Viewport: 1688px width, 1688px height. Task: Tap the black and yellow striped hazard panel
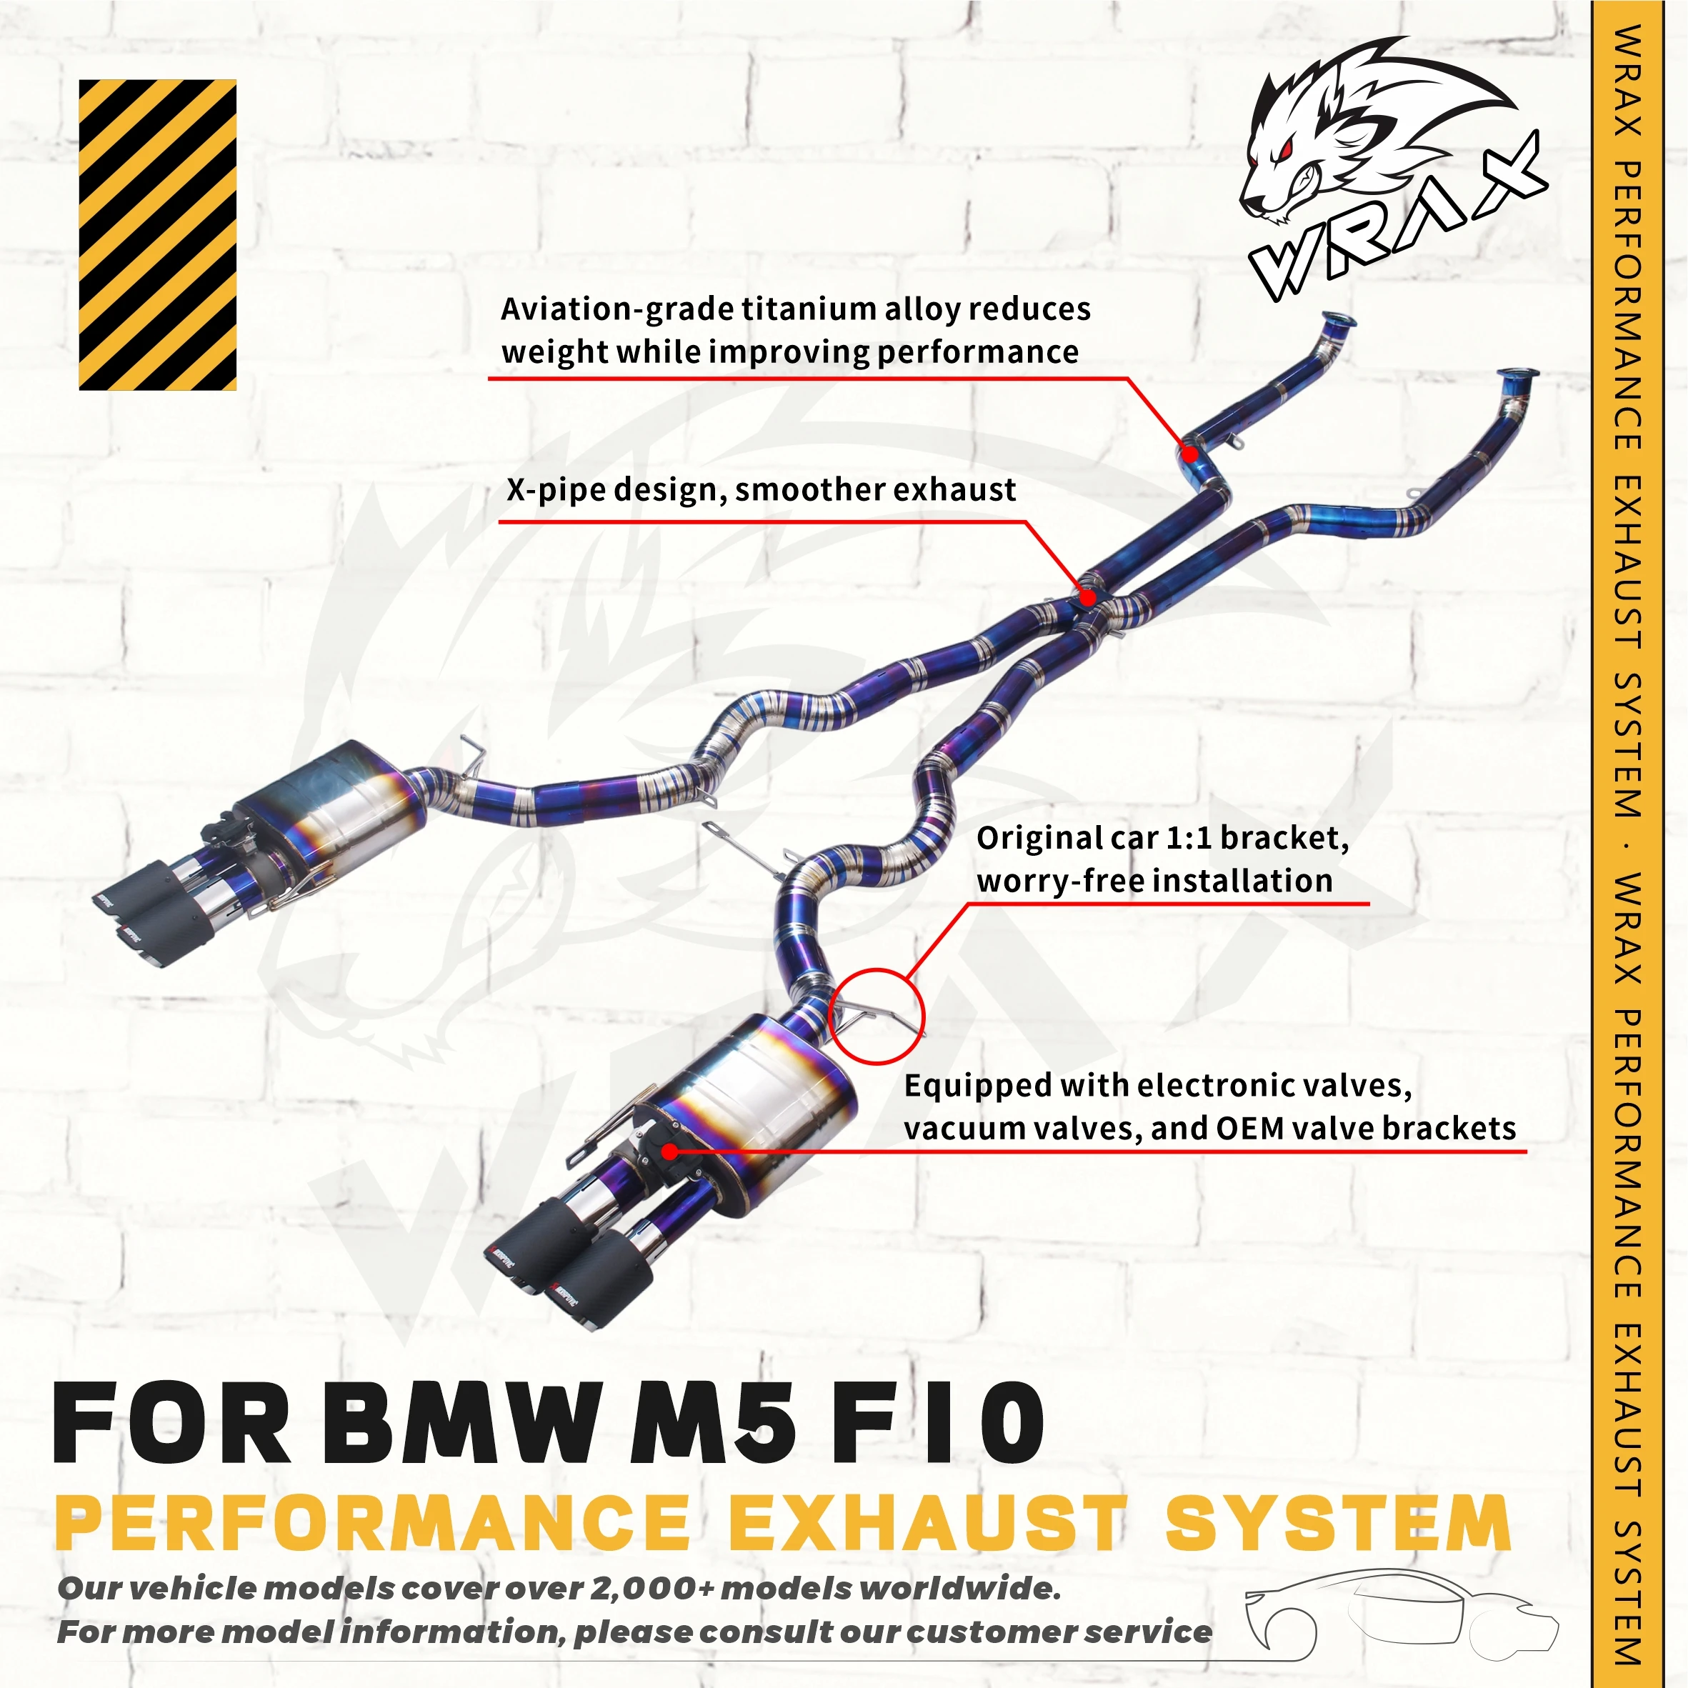click(157, 234)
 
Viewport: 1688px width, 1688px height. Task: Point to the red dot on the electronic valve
click(669, 1152)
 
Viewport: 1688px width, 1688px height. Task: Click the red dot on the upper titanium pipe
click(1189, 454)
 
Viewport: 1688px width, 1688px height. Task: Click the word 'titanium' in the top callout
click(809, 309)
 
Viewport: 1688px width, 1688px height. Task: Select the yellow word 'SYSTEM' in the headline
click(1338, 1523)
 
